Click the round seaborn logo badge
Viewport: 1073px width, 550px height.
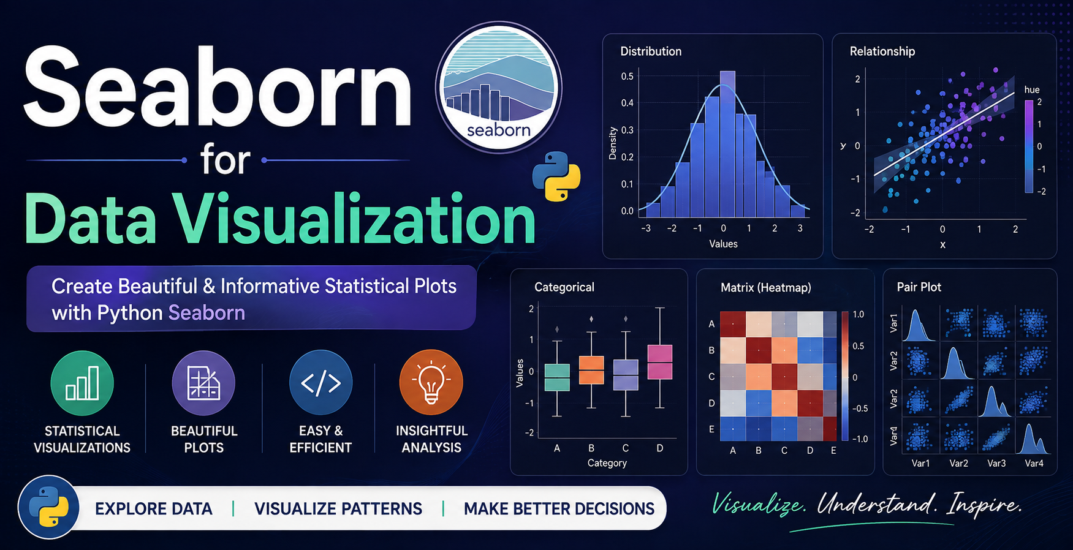click(498, 86)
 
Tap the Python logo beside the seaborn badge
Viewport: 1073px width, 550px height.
click(556, 176)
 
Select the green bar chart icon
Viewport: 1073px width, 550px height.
click(82, 383)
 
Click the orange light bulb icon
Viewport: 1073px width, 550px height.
click(431, 382)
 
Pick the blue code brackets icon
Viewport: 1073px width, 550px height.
click(320, 383)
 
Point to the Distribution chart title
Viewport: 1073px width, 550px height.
click(651, 51)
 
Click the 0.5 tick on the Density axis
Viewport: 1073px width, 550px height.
click(627, 77)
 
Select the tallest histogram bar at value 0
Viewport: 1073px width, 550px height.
click(727, 145)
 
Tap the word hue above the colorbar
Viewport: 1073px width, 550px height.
click(1032, 89)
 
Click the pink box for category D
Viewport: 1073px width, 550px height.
click(660, 362)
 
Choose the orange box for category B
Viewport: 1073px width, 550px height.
click(591, 370)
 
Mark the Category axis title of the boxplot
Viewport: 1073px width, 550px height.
click(607, 463)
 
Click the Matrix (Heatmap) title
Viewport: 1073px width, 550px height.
click(766, 287)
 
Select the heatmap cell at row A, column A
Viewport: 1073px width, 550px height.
click(733, 324)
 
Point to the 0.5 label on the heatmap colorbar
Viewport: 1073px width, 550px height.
click(858, 346)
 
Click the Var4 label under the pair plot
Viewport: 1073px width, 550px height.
click(1034, 464)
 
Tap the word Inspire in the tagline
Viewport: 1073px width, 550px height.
click(984, 505)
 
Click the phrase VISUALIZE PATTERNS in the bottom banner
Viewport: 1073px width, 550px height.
click(338, 509)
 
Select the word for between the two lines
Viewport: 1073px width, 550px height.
click(225, 160)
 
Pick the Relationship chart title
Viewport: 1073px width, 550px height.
click(882, 51)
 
